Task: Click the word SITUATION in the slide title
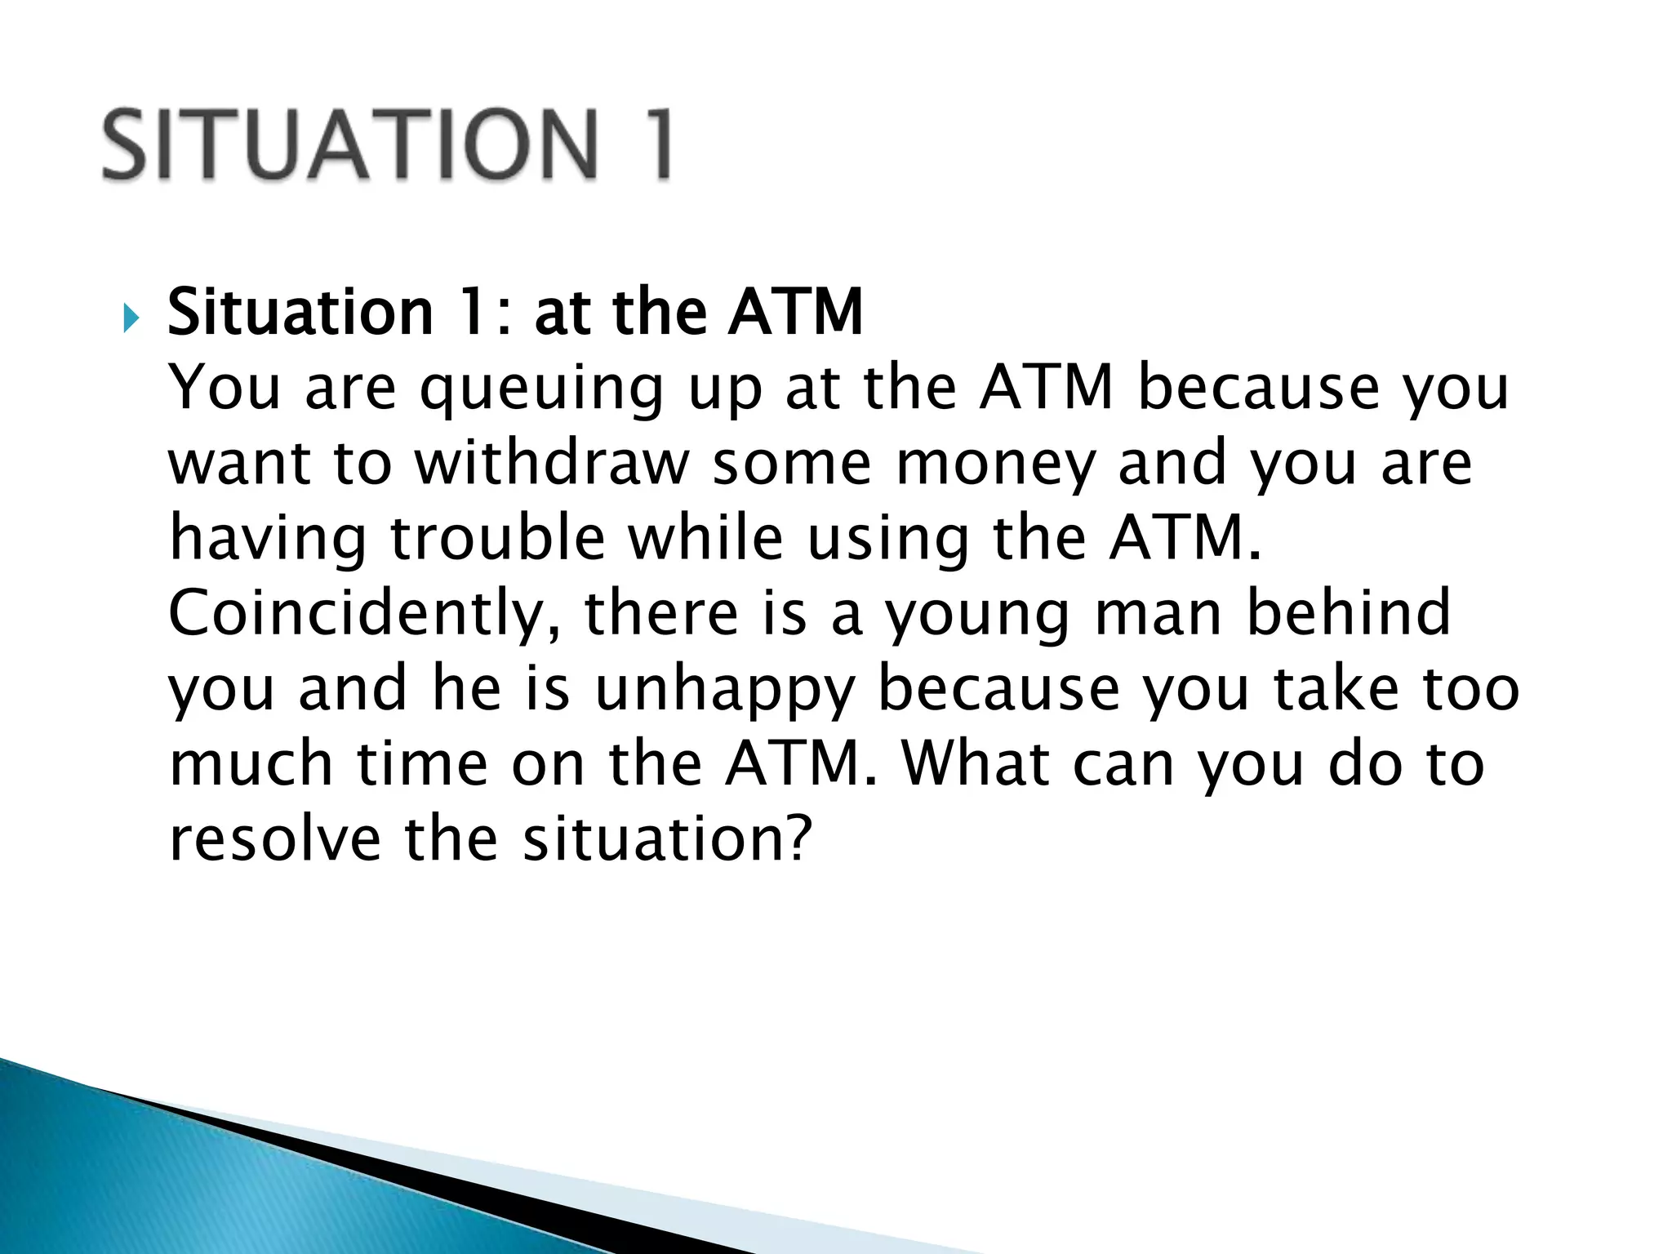(351, 144)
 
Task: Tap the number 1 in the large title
(653, 144)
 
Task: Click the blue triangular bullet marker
(131, 316)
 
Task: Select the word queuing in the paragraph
(541, 389)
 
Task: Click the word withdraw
(552, 463)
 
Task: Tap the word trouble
(497, 538)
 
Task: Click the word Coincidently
(364, 614)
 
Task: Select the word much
(251, 763)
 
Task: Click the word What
(976, 763)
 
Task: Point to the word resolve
(275, 839)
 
